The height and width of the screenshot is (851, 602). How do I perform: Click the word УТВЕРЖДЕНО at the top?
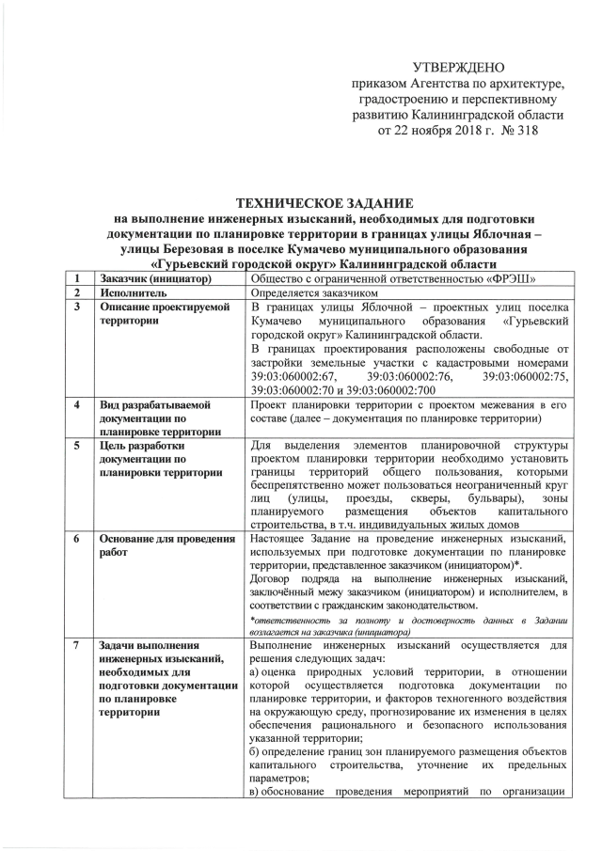[x=459, y=67]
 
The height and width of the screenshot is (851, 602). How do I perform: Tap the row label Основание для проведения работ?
[x=166, y=545]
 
